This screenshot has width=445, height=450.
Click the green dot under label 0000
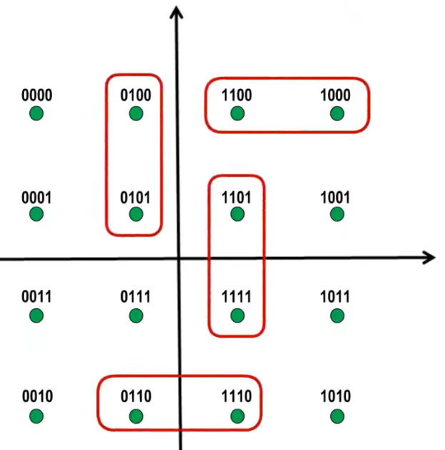coord(36,113)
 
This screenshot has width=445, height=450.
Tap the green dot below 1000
coord(337,113)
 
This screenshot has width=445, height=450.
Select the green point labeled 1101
coord(237,214)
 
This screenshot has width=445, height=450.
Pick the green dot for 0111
coord(136,315)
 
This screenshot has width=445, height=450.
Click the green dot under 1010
coord(337,416)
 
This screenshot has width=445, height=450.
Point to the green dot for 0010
coord(36,416)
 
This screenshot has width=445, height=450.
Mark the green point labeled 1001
coord(337,214)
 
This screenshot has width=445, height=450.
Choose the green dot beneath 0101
coord(136,214)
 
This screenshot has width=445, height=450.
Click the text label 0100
coord(136,95)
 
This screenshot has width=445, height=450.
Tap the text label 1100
coord(237,95)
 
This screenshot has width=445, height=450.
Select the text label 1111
coord(237,296)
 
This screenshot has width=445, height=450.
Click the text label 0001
coord(36,196)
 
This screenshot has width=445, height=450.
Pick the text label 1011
coord(336,296)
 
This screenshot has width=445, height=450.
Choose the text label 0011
coord(36,296)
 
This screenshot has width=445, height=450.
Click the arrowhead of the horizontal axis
coord(429,257)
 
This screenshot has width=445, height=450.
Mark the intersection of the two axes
coord(177,258)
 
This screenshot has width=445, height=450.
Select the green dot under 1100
coord(237,113)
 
